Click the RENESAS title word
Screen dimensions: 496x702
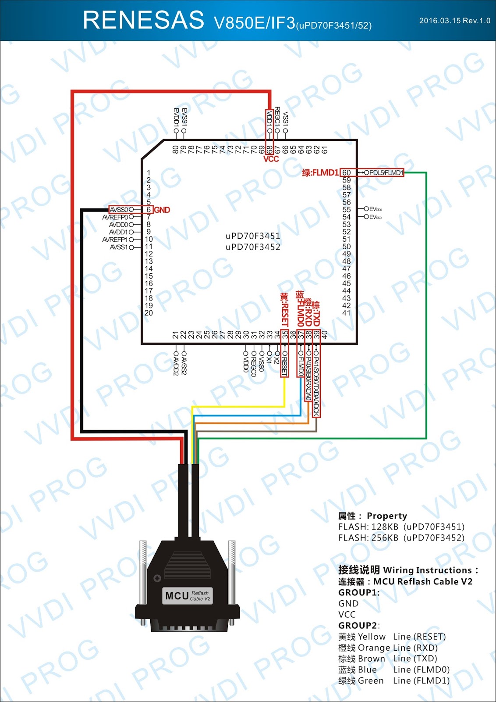click(x=143, y=20)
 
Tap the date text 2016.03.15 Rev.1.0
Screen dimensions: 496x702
click(x=454, y=21)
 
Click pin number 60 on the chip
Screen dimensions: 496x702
click(x=347, y=173)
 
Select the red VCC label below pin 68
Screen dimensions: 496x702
click(x=271, y=159)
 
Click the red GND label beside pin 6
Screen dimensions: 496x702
click(x=162, y=210)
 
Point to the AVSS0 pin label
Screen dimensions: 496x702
click(x=119, y=210)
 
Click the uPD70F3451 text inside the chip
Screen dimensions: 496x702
click(x=253, y=236)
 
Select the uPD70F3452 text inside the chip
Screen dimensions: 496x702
click(x=253, y=247)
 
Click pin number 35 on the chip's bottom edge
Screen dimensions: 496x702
click(x=285, y=335)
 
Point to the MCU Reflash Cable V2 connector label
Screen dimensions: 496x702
click(x=188, y=595)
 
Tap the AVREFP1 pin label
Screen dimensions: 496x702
click(x=115, y=240)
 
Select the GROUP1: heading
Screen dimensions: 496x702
click(x=359, y=592)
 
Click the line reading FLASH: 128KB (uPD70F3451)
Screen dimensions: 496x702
click(x=401, y=526)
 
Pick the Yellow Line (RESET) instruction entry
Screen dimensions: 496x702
click(x=392, y=637)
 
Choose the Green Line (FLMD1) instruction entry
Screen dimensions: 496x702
click(x=393, y=681)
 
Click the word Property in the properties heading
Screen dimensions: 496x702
click(x=387, y=516)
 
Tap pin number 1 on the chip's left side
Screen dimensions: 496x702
click(x=149, y=173)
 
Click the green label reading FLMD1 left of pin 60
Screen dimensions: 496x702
click(x=320, y=173)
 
